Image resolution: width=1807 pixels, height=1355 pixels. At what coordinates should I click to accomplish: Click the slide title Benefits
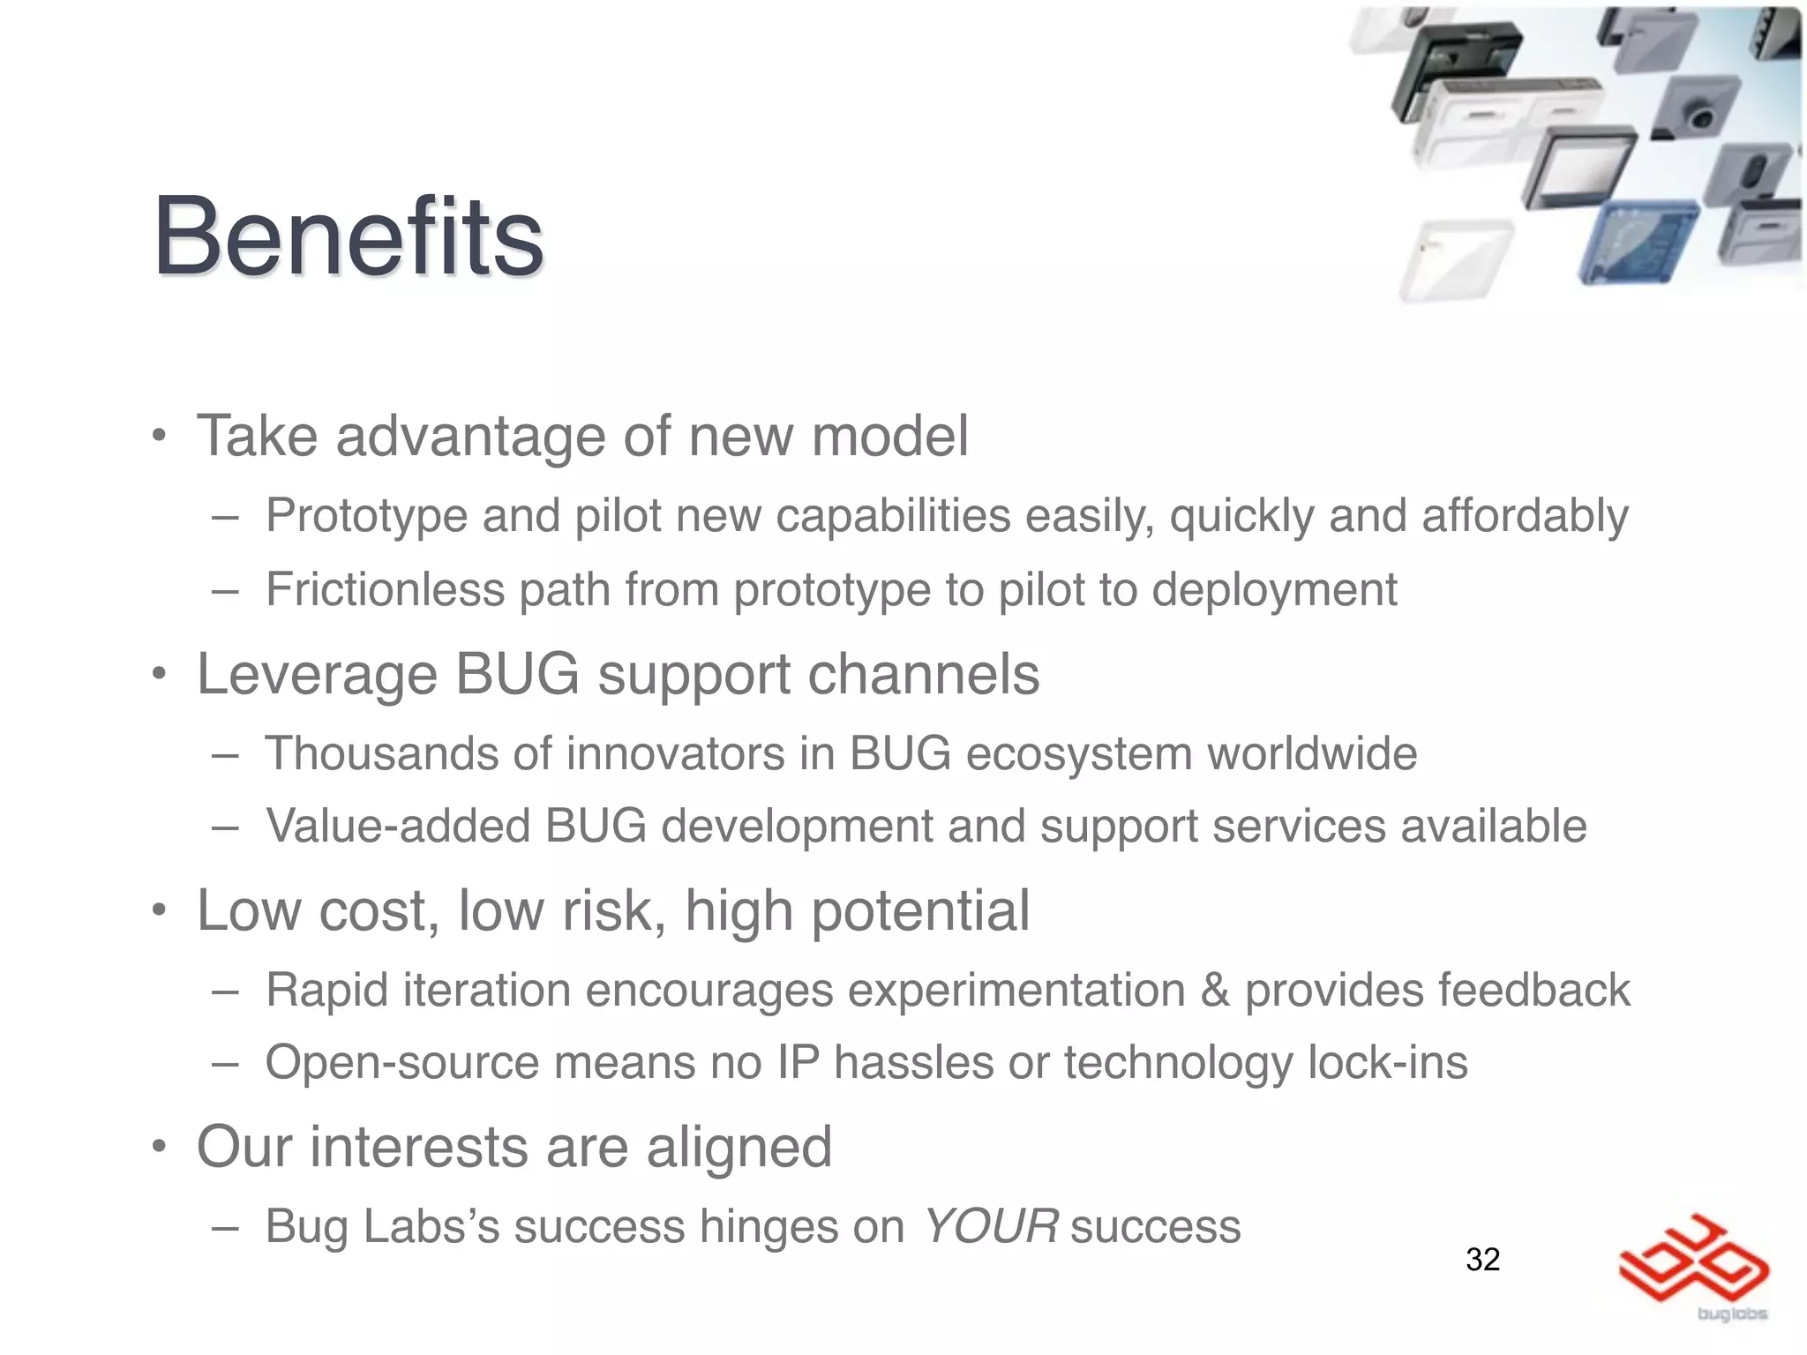click(x=349, y=236)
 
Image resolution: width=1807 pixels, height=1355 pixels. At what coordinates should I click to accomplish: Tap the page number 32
click(x=1482, y=1259)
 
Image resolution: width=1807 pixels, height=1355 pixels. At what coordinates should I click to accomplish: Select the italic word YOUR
click(x=990, y=1226)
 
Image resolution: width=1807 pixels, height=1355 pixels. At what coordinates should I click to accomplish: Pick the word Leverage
click(x=317, y=675)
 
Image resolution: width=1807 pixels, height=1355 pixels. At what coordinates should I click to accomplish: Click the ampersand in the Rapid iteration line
click(x=1215, y=990)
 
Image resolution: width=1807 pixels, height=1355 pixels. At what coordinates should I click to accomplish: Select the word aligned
click(x=739, y=1149)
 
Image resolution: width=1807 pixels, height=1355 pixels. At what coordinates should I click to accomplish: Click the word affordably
click(x=1525, y=517)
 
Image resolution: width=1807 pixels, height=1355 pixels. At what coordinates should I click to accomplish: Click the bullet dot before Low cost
click(x=158, y=910)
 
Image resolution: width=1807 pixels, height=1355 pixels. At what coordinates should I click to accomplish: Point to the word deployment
click(x=1274, y=591)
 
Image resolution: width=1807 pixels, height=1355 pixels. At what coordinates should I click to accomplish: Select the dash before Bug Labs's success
click(x=225, y=1228)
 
